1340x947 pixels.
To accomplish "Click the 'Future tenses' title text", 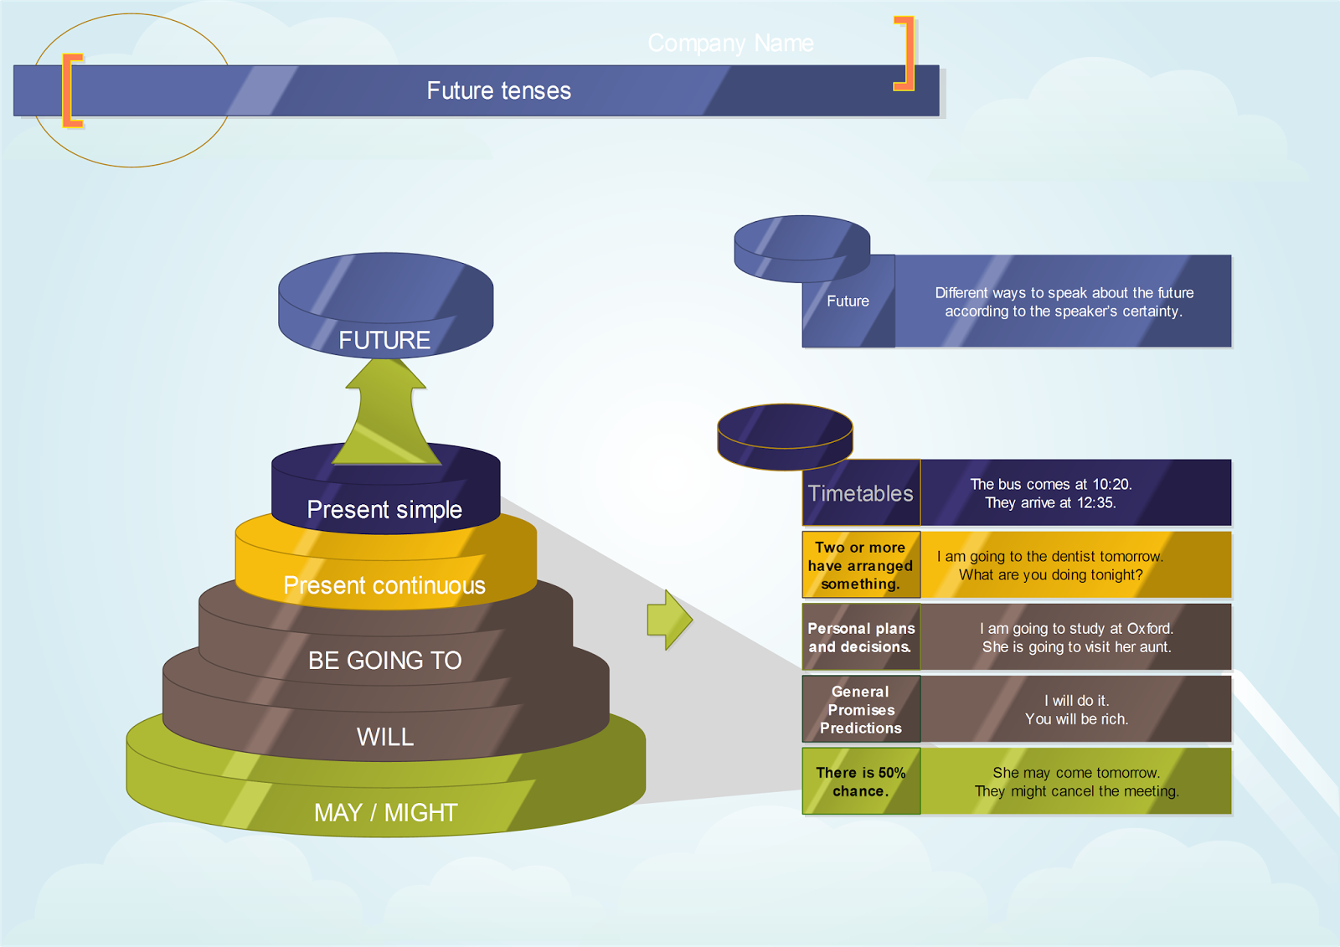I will click(498, 90).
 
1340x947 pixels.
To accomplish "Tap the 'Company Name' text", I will click(730, 43).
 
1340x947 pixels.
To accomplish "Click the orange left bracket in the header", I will click(70, 90).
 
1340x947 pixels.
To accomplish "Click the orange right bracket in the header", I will click(906, 54).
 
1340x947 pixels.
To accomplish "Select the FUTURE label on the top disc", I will click(384, 340).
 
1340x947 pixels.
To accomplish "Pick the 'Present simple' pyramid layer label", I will click(384, 509).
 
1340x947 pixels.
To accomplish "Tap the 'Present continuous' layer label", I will click(384, 585).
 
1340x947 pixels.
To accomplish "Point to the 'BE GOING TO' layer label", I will click(384, 661).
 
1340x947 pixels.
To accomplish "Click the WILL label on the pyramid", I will click(384, 737).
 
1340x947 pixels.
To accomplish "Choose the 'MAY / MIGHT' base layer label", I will click(385, 812).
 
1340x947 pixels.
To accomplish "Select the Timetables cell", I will click(861, 493).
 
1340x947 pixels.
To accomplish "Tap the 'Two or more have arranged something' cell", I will click(861, 565).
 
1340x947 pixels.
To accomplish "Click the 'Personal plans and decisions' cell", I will click(861, 637).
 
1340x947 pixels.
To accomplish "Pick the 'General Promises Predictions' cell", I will click(861, 709).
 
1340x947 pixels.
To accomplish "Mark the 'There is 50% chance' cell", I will click(861, 781).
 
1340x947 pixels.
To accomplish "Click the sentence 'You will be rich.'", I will click(1076, 719).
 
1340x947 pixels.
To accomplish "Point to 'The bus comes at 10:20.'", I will click(1050, 484).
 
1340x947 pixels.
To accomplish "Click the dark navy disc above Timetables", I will click(785, 435).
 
